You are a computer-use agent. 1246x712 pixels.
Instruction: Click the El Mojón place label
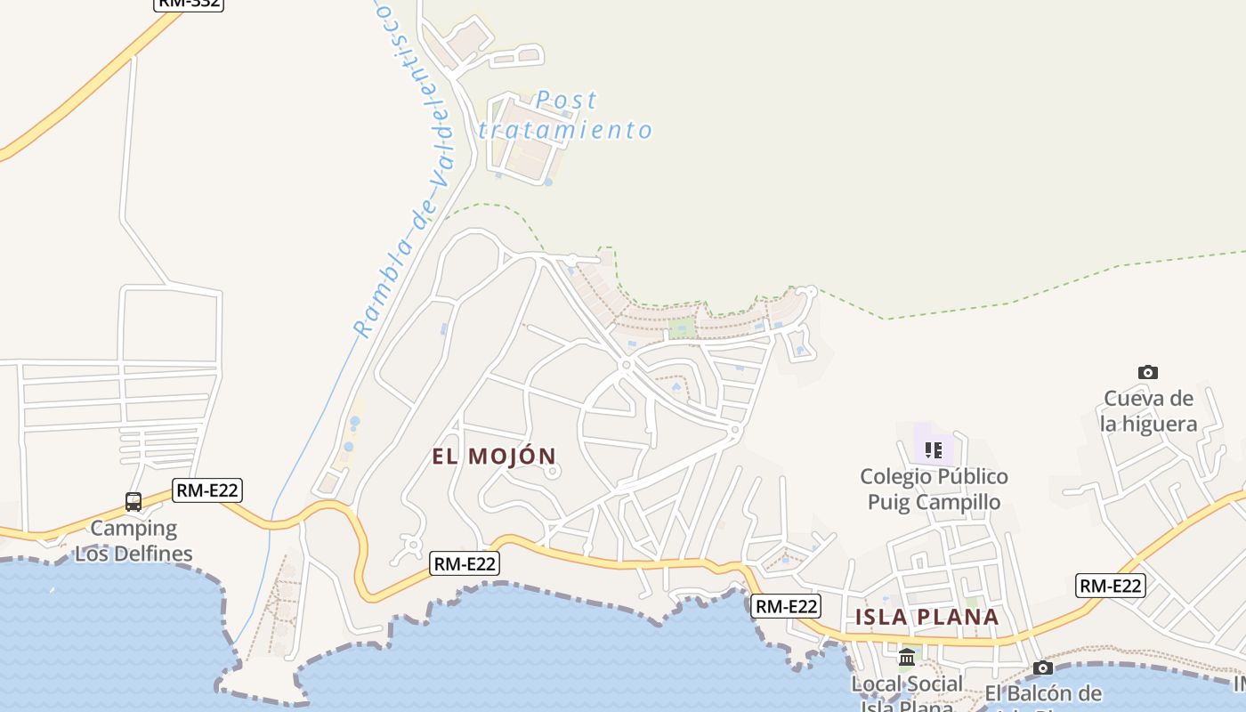coord(494,457)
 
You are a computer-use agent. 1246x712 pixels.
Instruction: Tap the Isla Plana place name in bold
coord(926,617)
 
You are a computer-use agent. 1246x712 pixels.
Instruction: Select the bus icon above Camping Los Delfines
coord(133,502)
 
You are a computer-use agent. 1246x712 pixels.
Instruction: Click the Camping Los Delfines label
coord(133,541)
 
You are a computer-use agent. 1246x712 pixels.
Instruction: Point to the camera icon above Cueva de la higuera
coord(1148,372)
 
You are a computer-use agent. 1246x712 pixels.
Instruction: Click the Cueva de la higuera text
coord(1148,411)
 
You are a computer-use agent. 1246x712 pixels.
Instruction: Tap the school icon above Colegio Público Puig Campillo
coord(933,449)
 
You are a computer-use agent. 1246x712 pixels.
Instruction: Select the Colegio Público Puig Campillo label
coord(934,489)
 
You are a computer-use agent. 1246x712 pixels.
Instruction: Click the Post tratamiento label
coord(566,115)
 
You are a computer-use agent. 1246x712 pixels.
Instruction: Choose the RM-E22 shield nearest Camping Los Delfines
coord(208,490)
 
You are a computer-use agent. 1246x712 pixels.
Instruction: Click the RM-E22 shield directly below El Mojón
coord(465,563)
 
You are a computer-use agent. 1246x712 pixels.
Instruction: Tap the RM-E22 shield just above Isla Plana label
coord(785,606)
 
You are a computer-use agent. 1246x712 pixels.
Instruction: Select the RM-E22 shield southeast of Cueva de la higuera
coord(1110,586)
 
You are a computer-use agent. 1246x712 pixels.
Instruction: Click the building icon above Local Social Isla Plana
coord(907,658)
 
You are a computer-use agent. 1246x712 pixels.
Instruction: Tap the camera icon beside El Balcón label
coord(1043,667)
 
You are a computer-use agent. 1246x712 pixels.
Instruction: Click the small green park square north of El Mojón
coord(683,328)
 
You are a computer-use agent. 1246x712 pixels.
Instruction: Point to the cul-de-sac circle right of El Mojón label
coord(553,472)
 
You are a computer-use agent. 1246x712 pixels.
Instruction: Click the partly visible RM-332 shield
coord(188,4)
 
